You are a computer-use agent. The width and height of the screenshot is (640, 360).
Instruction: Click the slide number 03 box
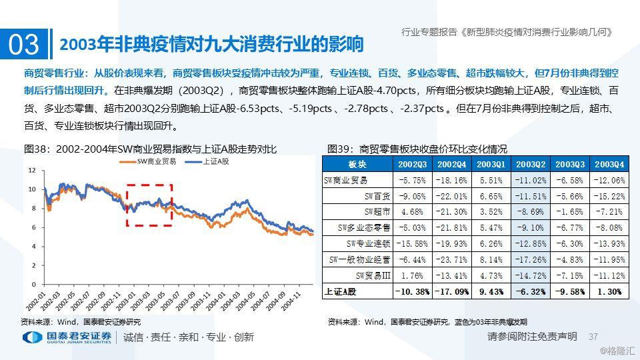click(x=24, y=44)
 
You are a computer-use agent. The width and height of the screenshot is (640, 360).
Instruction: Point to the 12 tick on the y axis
click(x=31, y=170)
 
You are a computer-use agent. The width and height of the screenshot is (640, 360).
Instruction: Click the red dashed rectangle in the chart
click(x=149, y=205)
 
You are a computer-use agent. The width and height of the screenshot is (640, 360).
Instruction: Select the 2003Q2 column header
click(x=531, y=164)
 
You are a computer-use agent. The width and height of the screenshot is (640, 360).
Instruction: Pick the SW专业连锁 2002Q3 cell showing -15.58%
click(x=413, y=243)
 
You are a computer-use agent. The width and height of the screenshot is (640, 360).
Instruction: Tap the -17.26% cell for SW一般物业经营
click(x=531, y=259)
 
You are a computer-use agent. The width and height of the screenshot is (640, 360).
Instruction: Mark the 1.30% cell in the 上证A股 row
click(x=609, y=291)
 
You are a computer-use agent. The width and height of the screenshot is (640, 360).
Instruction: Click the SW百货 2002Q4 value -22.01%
click(x=452, y=196)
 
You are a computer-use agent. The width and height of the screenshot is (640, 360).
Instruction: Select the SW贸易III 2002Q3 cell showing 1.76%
click(x=413, y=275)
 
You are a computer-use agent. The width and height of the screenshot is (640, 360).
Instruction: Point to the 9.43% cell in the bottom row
click(x=492, y=291)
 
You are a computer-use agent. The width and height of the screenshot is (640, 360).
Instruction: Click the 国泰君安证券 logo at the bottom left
click(x=67, y=337)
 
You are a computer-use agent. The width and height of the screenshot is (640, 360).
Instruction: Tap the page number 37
click(x=593, y=337)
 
